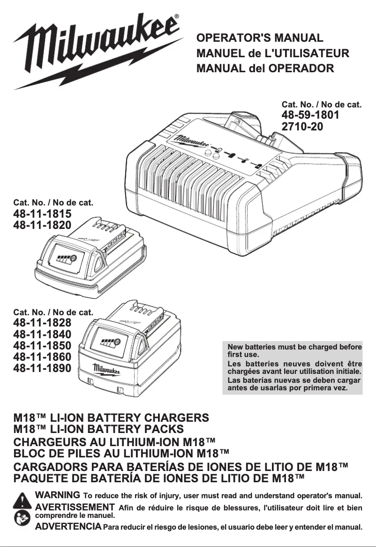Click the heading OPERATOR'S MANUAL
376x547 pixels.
click(260, 38)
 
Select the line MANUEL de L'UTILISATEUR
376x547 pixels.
click(273, 53)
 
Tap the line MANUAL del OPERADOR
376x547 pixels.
click(265, 68)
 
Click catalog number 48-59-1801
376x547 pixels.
click(310, 115)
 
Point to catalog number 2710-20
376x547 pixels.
click(302, 126)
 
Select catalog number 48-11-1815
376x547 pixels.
click(42, 214)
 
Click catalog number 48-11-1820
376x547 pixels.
click(42, 225)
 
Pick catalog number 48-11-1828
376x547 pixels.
click(42, 323)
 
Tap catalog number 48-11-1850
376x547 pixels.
click(42, 346)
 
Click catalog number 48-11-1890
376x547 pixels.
click(42, 369)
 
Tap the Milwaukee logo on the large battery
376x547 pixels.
click(106, 369)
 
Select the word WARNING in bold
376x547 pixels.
click(57, 495)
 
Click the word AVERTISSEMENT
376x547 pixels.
click(75, 507)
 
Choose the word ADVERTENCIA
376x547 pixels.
click(68, 527)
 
